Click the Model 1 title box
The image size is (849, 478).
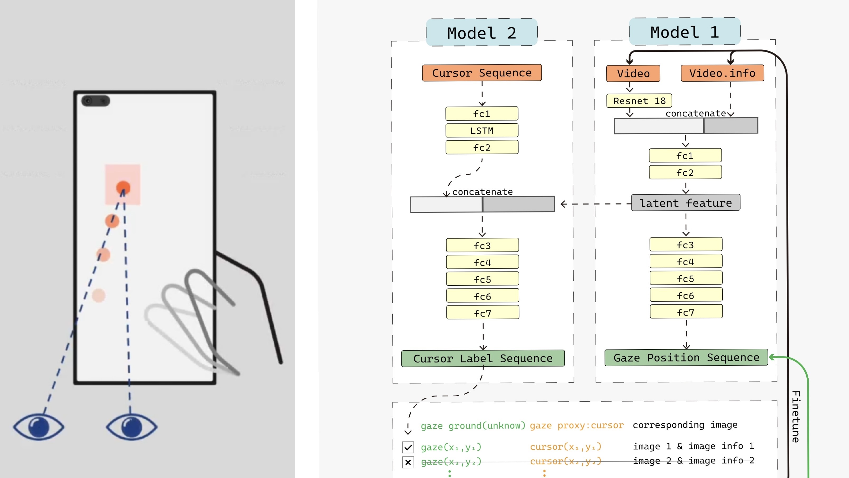coord(685,32)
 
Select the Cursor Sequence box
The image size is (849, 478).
coord(482,73)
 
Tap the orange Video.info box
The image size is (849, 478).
coord(722,73)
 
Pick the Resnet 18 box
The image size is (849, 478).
coord(639,101)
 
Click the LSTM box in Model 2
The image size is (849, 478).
coord(482,131)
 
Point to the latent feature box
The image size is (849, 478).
coord(686,203)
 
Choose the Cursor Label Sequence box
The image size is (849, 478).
coord(483,359)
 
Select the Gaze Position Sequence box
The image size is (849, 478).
coord(686,358)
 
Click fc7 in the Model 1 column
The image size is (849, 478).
coord(686,312)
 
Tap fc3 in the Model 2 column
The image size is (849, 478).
coord(482,245)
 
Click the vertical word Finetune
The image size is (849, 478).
coord(796,417)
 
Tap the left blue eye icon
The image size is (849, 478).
coord(39,427)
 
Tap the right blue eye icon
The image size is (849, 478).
coord(131,427)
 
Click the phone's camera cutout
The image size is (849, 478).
coord(96,101)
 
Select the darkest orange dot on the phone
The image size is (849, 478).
coord(123,188)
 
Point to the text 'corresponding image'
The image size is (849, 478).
coord(685,425)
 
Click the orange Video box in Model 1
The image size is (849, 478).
coord(633,73)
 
